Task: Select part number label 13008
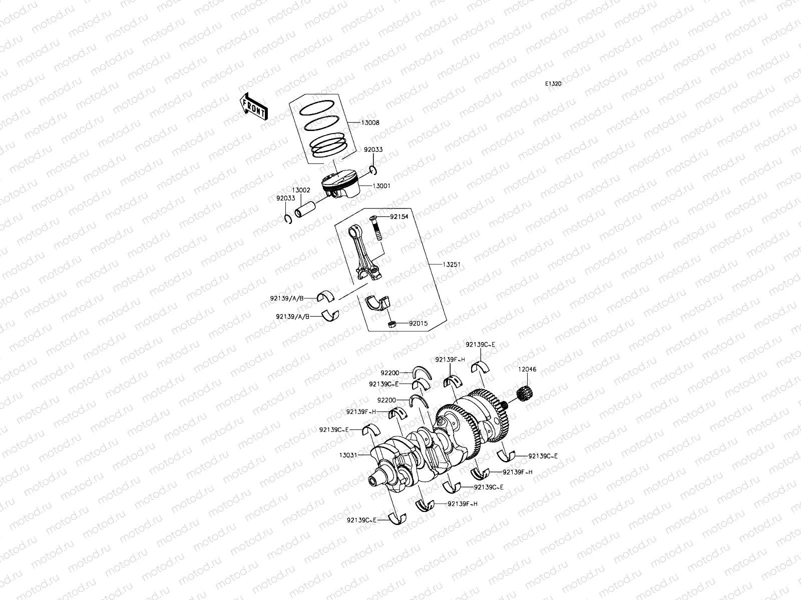370,122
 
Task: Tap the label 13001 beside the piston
381,186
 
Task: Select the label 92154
400,217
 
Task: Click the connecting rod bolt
375,227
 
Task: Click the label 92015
418,323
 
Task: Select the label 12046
527,369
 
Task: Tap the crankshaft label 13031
348,455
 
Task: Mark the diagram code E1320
553,84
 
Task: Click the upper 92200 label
389,373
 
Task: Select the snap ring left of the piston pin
288,218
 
